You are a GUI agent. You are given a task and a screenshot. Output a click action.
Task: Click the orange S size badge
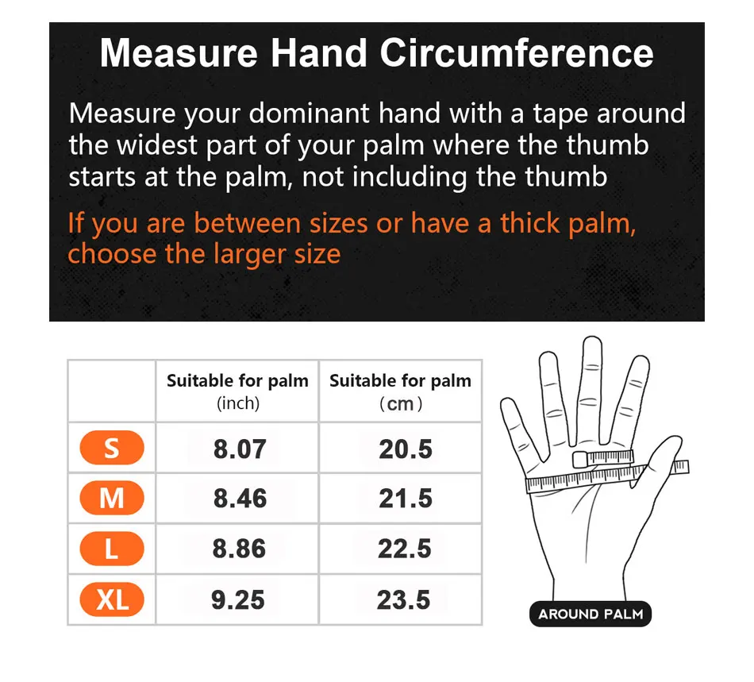[112, 449]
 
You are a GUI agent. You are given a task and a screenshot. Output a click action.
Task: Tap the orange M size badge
[112, 499]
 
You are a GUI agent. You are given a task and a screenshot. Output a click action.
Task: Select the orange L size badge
[112, 549]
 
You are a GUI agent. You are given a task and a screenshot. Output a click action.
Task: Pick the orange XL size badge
[112, 599]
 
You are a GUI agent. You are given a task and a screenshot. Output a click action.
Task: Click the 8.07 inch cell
[239, 449]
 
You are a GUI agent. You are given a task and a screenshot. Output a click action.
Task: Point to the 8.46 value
[239, 499]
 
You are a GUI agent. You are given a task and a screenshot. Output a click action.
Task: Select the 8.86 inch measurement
[239, 549]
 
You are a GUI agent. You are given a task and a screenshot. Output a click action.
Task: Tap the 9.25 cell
[238, 599]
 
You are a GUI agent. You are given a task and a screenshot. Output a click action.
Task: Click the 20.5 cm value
[405, 449]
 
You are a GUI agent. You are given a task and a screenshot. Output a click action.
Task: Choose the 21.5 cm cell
[405, 499]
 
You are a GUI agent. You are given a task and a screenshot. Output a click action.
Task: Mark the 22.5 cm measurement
[405, 549]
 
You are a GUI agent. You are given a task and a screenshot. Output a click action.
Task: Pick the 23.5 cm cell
[404, 599]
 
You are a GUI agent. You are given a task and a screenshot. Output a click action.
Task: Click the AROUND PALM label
[591, 614]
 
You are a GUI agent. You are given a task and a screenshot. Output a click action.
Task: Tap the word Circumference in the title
[517, 54]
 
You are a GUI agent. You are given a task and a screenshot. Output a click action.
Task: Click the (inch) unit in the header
[238, 403]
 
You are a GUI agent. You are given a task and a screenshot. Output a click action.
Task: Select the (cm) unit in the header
[400, 404]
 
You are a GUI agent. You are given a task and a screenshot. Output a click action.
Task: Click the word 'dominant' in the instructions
[308, 114]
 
